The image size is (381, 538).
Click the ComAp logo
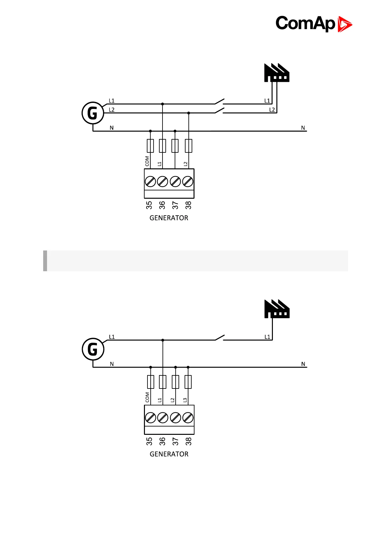(314, 24)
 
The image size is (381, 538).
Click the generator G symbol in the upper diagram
(93, 113)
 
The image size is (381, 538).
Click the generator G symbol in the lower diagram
(93, 349)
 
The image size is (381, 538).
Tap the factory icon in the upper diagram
(277, 73)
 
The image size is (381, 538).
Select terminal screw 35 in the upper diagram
(150, 181)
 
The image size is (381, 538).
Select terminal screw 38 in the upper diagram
(188, 181)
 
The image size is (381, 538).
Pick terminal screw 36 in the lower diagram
(163, 418)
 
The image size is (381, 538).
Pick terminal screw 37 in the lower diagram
(175, 418)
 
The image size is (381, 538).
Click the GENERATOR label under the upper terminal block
(169, 218)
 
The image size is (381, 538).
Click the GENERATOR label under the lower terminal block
(169, 454)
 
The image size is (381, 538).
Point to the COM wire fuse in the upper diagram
(150, 146)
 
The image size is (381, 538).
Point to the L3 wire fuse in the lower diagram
(188, 382)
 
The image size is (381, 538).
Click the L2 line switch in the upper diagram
(219, 111)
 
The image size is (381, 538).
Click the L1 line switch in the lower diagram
(219, 338)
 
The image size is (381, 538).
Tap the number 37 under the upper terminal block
(175, 205)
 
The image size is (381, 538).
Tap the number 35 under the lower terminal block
(149, 441)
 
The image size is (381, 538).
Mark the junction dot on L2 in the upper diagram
(189, 113)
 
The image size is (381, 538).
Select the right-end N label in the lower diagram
(303, 364)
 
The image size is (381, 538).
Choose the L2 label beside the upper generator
(112, 110)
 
